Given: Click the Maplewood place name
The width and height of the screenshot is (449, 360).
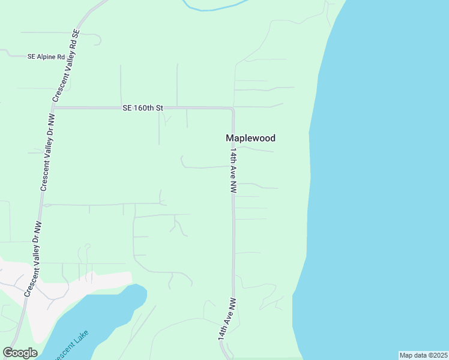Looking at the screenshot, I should click(x=250, y=138).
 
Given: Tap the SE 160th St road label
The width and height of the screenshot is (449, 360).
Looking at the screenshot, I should click(x=143, y=108).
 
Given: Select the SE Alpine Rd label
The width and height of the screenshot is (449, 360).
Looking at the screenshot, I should click(x=46, y=56).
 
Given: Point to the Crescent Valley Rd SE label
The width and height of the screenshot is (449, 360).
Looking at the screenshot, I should click(x=67, y=65).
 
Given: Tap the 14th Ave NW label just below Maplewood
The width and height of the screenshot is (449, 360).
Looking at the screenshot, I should click(x=233, y=171).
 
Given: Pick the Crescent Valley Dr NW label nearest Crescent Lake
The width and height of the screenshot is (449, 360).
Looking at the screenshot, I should click(x=34, y=260).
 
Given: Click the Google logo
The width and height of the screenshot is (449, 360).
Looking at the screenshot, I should click(x=20, y=353).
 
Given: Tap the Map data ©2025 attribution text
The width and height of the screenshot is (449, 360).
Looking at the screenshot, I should click(x=423, y=355).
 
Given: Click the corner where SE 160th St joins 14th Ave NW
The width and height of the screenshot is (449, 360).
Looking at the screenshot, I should click(x=232, y=109).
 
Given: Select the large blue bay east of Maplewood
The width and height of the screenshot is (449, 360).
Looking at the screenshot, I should click(x=384, y=180).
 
